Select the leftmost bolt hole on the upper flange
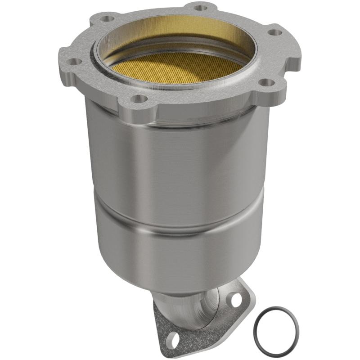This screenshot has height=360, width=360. click(74, 61)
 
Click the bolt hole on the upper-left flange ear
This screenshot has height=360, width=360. click(108, 19)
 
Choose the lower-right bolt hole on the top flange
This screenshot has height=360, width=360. click(267, 82)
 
